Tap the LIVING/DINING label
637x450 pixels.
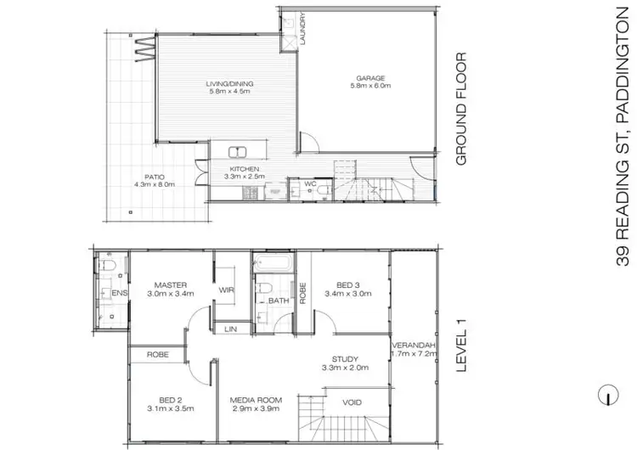pos(229,84)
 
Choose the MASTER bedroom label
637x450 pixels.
pos(170,284)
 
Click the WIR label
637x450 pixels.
pos(227,290)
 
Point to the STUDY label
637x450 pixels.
pos(345,359)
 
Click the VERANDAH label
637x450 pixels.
pos(413,346)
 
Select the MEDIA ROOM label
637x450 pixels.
pos(255,401)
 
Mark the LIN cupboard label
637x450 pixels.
pos(229,329)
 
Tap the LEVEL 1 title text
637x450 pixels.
pos(463,350)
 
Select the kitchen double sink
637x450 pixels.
pos(236,153)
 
